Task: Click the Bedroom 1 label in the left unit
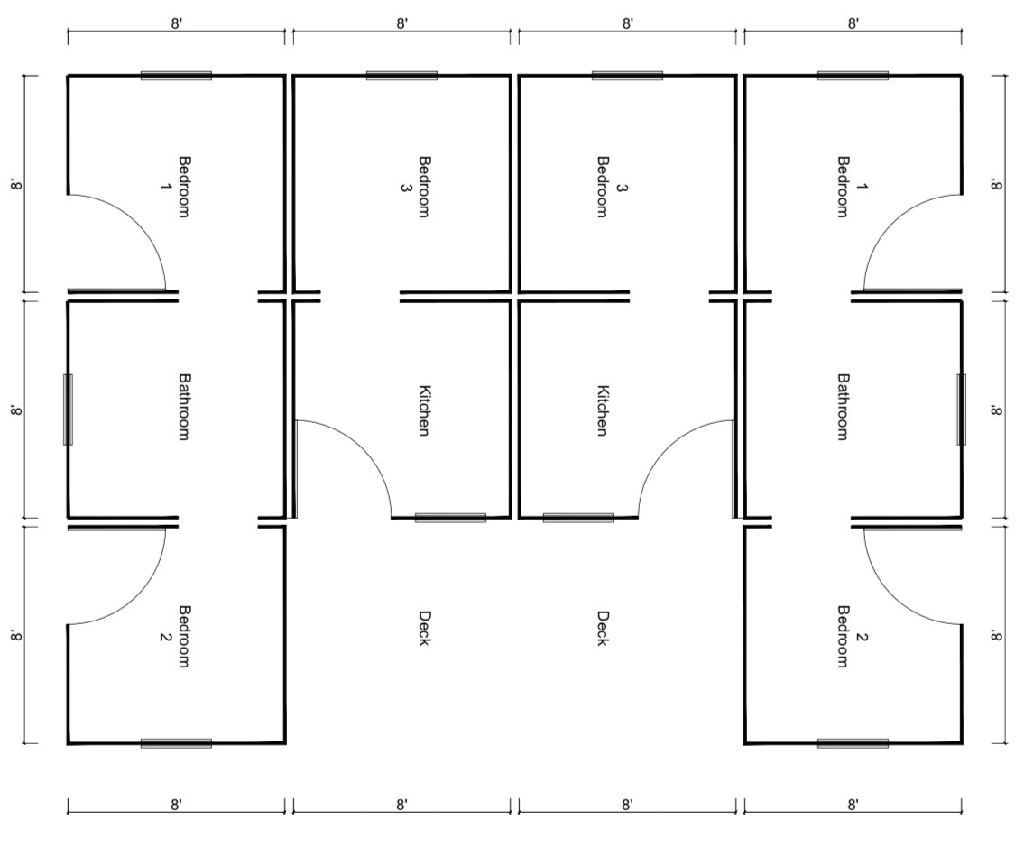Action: [x=175, y=187]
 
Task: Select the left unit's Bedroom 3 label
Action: [x=415, y=187]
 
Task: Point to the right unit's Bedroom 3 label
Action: [x=612, y=187]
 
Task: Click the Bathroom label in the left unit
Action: [x=185, y=407]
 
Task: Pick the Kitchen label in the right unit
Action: [x=603, y=410]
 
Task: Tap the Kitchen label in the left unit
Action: [x=425, y=410]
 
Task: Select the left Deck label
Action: [x=425, y=628]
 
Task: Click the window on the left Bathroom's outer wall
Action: [x=68, y=410]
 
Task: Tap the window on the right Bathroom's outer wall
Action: [x=962, y=410]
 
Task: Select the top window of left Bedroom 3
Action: [x=401, y=76]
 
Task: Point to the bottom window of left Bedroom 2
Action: [x=176, y=743]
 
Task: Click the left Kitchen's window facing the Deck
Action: [x=450, y=518]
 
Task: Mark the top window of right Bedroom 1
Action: [x=853, y=76]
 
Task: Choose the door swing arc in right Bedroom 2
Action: [x=893, y=595]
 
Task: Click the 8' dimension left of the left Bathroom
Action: [x=16, y=410]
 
